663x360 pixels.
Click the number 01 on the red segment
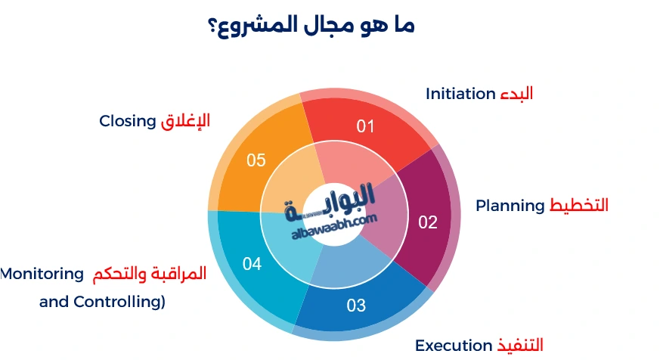[x=366, y=126]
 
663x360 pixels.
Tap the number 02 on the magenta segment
[x=428, y=222]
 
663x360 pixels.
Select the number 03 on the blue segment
[x=356, y=306]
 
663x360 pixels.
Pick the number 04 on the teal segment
[x=252, y=264]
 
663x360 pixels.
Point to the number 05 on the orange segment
[x=256, y=160]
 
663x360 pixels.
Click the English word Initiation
[x=460, y=94]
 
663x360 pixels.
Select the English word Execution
[x=454, y=346]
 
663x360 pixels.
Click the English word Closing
[x=128, y=121]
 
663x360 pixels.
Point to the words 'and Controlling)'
[x=102, y=302]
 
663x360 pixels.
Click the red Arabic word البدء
[x=516, y=94]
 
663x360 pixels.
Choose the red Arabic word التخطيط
[x=578, y=206]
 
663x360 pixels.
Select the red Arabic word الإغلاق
[x=185, y=121]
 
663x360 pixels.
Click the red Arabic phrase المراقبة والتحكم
[x=150, y=274]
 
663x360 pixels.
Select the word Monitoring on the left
[x=42, y=274]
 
